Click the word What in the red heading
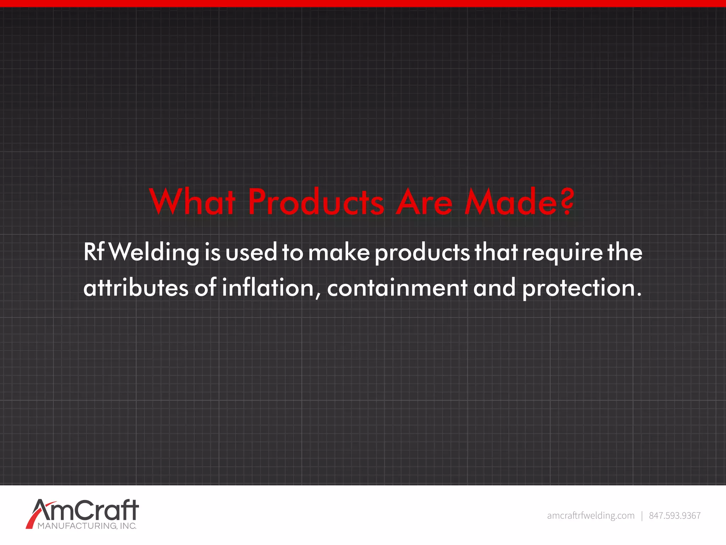[x=192, y=202]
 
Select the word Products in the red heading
[x=316, y=202]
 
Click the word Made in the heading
[x=510, y=202]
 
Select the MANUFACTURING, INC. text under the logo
[x=87, y=526]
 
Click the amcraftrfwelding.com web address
[x=591, y=516]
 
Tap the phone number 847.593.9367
[x=675, y=516]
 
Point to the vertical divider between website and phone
[x=642, y=516]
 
